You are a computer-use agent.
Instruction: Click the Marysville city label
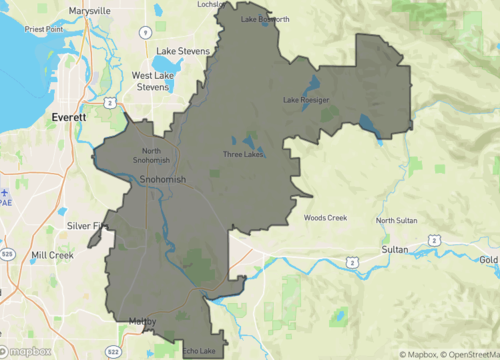point(90,11)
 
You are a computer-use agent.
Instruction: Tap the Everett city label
point(69,117)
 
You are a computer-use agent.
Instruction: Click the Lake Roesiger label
point(305,100)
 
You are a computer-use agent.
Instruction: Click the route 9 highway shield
point(145,32)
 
